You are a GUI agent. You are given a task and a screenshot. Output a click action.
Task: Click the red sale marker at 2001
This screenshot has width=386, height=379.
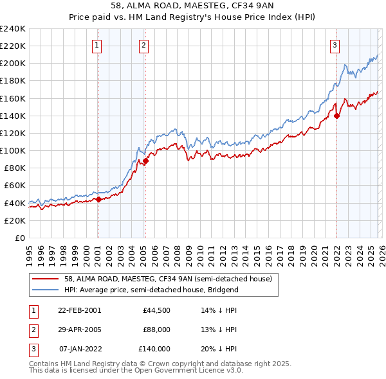coord(98,199)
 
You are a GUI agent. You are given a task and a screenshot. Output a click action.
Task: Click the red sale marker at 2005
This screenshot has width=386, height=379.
coord(146,161)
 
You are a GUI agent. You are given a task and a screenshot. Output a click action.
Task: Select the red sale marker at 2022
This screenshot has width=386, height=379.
coord(336,116)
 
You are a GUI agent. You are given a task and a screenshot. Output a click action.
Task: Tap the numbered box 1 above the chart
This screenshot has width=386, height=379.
coord(96,45)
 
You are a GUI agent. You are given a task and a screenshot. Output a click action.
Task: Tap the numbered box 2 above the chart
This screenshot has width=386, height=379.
coord(143,45)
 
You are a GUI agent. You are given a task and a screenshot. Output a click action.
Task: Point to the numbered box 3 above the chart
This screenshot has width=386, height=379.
coord(335,45)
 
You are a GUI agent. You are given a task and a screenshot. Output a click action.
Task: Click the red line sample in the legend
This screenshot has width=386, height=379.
coord(46,279)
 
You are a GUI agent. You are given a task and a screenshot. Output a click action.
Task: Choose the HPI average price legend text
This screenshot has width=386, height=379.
coord(151,290)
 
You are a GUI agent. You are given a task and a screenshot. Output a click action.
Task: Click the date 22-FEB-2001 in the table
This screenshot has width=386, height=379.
coord(79,310)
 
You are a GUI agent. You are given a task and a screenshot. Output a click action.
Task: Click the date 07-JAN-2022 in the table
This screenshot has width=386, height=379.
coord(79,349)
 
